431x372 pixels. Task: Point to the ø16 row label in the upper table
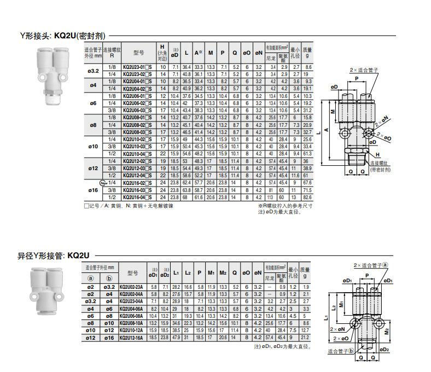(92, 190)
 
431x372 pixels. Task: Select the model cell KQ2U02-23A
(131, 287)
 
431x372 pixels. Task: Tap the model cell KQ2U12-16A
(131, 338)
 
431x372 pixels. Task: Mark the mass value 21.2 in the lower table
(307, 338)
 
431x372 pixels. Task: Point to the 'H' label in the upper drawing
(377, 154)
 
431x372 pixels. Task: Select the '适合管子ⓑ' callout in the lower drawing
(341, 351)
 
